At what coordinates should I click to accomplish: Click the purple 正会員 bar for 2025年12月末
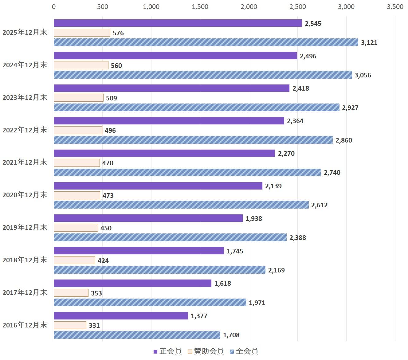(x=178, y=23)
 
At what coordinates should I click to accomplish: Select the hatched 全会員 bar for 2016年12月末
(x=137, y=335)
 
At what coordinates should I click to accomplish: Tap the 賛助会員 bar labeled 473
(x=77, y=195)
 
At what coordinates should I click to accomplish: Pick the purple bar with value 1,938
(x=148, y=218)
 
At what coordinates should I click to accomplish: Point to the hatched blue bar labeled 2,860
(x=193, y=140)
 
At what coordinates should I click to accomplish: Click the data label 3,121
(x=369, y=43)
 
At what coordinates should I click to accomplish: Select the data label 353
(x=96, y=293)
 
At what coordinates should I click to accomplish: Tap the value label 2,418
(x=301, y=88)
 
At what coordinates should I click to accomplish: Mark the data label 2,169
(x=277, y=270)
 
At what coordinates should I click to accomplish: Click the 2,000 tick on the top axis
(x=249, y=7)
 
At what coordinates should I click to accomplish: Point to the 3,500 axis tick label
(x=395, y=7)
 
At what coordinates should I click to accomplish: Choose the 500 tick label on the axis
(x=103, y=7)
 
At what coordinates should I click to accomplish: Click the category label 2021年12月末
(x=25, y=162)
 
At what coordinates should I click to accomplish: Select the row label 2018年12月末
(x=25, y=260)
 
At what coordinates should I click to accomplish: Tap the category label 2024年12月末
(x=25, y=65)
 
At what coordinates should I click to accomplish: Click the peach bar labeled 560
(x=81, y=65)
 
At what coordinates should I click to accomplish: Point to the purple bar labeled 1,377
(x=121, y=316)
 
